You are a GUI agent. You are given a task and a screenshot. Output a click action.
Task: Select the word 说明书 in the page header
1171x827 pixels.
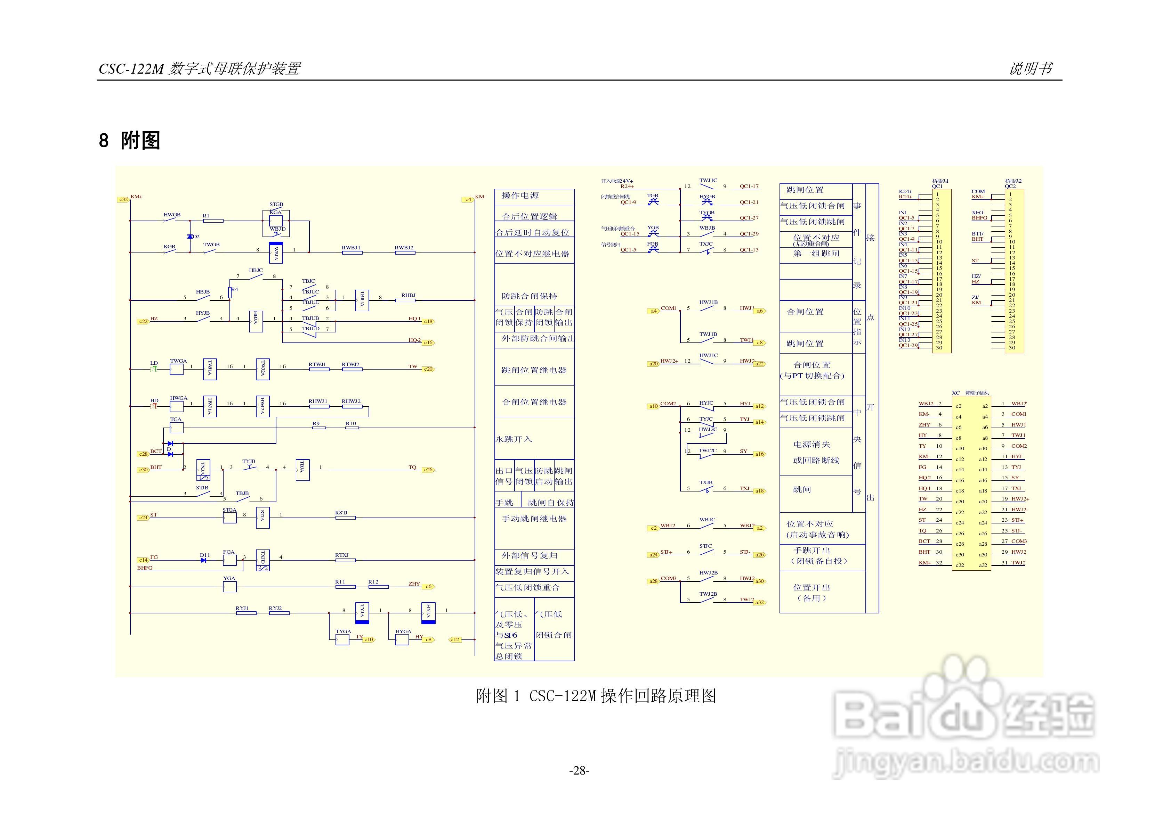pyautogui.click(x=1030, y=68)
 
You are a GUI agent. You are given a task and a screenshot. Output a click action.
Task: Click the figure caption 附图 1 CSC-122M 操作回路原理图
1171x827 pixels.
pyautogui.click(x=596, y=696)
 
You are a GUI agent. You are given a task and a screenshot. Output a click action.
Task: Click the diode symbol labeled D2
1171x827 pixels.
pyautogui.click(x=190, y=237)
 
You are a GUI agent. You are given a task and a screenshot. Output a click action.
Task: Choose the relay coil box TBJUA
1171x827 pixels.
pyautogui.click(x=362, y=300)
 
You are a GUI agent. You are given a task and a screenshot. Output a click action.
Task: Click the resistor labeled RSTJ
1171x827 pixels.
pyautogui.click(x=345, y=518)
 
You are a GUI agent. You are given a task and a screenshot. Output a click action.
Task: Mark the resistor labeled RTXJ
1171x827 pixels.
pyautogui.click(x=345, y=560)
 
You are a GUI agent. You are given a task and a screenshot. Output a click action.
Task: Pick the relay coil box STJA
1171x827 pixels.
pyautogui.click(x=262, y=518)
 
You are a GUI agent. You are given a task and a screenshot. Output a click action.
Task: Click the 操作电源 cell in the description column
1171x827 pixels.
pyautogui.click(x=520, y=196)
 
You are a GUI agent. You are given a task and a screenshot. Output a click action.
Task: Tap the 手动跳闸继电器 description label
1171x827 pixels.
pyautogui.click(x=534, y=519)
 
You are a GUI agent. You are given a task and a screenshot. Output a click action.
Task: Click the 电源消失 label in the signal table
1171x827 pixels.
pyautogui.click(x=811, y=444)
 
